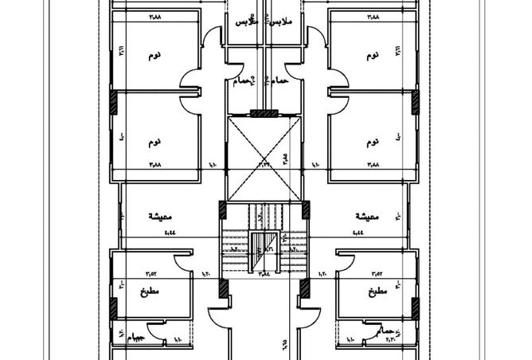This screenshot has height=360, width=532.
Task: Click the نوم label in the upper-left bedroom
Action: click(155, 56)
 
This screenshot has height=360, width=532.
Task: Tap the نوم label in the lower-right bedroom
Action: click(372, 142)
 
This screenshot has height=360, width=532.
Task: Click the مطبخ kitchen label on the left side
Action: click(151, 292)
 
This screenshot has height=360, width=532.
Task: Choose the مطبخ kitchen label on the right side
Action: click(377, 292)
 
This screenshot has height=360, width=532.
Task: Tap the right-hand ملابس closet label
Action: click(280, 23)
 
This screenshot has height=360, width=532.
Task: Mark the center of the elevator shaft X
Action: click(264, 158)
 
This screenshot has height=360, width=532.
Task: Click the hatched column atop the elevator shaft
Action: click(264, 113)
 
